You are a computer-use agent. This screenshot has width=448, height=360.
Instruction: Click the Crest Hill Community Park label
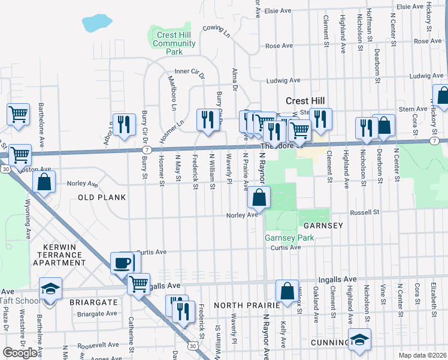click(174, 44)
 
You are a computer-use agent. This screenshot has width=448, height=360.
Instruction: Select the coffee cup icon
click(124, 263)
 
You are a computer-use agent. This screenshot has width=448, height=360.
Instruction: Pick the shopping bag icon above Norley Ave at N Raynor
click(259, 197)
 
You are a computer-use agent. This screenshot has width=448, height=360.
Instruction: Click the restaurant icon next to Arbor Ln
click(123, 124)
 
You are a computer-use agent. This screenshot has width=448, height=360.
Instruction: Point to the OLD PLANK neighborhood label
click(101, 197)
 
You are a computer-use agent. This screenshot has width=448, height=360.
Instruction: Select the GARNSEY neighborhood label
click(323, 226)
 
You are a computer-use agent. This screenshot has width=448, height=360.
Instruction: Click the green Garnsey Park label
click(289, 238)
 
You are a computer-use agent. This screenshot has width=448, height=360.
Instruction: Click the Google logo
click(20, 353)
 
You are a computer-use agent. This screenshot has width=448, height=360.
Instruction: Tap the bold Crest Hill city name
click(305, 101)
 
